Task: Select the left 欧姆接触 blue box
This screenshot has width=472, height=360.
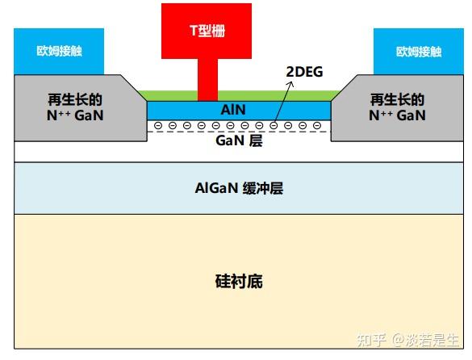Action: [x=59, y=51]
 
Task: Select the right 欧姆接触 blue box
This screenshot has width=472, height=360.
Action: [x=418, y=51]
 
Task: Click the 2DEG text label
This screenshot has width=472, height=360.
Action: [x=304, y=72]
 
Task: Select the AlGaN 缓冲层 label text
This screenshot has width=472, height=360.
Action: [x=239, y=189]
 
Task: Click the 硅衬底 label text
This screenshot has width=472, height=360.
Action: [x=239, y=282]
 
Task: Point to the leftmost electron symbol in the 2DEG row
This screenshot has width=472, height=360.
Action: [x=158, y=126]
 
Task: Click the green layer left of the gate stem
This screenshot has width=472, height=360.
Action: [x=169, y=95]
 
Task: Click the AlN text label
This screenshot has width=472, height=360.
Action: [x=234, y=109]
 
